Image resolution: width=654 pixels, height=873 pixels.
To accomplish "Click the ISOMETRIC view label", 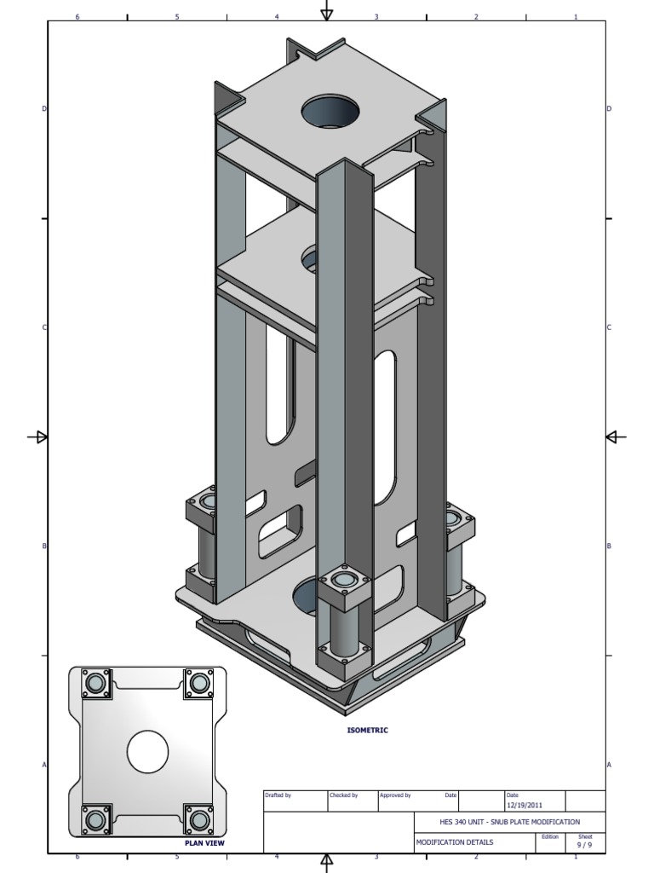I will [367, 730].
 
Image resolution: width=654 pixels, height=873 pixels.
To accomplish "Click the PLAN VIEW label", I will [204, 843].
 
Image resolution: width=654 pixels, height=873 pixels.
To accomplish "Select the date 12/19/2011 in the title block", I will [524, 805].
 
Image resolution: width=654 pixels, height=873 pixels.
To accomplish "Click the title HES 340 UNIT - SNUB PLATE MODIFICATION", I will [497, 822].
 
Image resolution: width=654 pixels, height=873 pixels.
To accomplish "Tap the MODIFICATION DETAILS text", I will [454, 842].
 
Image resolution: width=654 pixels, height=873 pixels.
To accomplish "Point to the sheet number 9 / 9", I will [585, 845].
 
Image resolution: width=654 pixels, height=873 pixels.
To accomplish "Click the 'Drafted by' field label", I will [278, 795].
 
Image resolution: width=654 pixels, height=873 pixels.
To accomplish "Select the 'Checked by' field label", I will [343, 795].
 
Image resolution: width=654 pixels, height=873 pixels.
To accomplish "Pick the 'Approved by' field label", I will [395, 795].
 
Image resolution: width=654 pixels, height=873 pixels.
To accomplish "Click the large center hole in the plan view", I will [147, 751].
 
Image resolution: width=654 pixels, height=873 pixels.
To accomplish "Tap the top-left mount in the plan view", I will [95, 683].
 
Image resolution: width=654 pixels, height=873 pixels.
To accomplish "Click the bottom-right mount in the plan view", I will [198, 819].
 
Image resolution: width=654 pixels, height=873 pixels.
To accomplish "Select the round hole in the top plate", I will [330, 112].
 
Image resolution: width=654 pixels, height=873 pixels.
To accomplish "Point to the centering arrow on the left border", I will [38, 437].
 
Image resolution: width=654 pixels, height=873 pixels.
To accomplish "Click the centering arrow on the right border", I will [615, 437].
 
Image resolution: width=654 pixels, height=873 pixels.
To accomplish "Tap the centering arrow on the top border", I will [326, 12].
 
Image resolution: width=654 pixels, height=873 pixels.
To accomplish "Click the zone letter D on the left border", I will [44, 109].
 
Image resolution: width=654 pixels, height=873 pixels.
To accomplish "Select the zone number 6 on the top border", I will [77, 16].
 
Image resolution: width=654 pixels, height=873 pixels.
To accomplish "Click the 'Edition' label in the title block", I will [550, 836].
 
